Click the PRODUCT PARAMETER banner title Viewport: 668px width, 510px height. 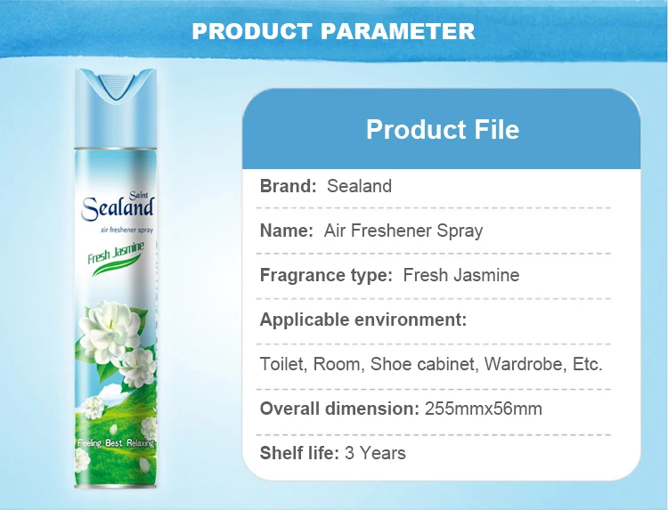click(x=334, y=31)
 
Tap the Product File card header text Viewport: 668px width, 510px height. click(x=442, y=130)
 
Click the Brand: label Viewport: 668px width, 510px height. click(x=288, y=186)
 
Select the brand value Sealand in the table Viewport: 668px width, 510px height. click(x=359, y=186)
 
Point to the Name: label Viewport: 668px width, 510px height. click(x=286, y=231)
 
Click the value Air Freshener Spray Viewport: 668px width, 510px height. click(x=403, y=231)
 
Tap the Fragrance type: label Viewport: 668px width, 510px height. click(x=325, y=275)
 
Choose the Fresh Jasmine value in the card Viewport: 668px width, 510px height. click(x=460, y=275)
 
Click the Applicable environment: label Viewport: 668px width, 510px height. click(x=363, y=320)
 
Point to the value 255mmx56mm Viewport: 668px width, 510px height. click(x=484, y=409)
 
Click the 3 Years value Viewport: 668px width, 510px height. click(x=375, y=453)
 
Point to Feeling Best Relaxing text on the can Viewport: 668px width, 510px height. click(x=116, y=443)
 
